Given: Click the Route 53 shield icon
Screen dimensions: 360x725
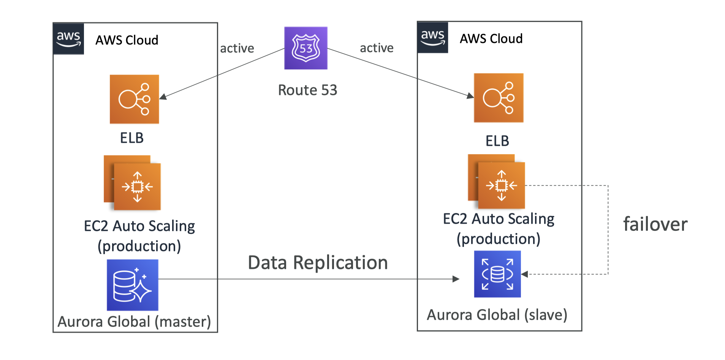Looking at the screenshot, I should [306, 48].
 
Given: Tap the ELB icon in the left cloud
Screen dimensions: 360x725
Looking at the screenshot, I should [134, 99].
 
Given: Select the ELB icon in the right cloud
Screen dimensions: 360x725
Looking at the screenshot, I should [499, 98].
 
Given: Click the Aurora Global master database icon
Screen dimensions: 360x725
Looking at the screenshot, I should [133, 285].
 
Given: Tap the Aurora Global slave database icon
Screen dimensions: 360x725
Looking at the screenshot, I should [497, 274].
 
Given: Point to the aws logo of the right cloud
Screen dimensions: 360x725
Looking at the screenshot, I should [433, 37].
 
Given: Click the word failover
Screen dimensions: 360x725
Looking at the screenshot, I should [655, 224].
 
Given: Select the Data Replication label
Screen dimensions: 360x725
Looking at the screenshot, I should [318, 263].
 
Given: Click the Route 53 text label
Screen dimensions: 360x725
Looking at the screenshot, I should [308, 90].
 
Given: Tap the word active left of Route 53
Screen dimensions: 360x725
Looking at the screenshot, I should [237, 49].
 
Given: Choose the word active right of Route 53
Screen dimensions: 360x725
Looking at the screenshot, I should [377, 48].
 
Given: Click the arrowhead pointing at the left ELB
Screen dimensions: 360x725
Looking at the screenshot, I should [163, 97].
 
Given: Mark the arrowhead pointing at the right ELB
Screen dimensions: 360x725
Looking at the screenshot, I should [470, 96].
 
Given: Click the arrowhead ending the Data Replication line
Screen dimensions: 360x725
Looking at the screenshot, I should [456, 279].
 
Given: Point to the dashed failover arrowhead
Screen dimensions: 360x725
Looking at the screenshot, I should [525, 274].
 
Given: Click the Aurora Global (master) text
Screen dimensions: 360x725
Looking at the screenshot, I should [134, 322].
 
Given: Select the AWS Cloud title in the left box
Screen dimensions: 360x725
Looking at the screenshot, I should [127, 40].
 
